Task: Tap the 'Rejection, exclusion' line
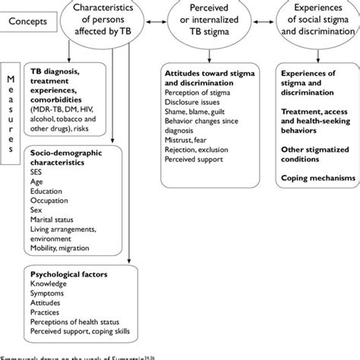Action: click(198, 147)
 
